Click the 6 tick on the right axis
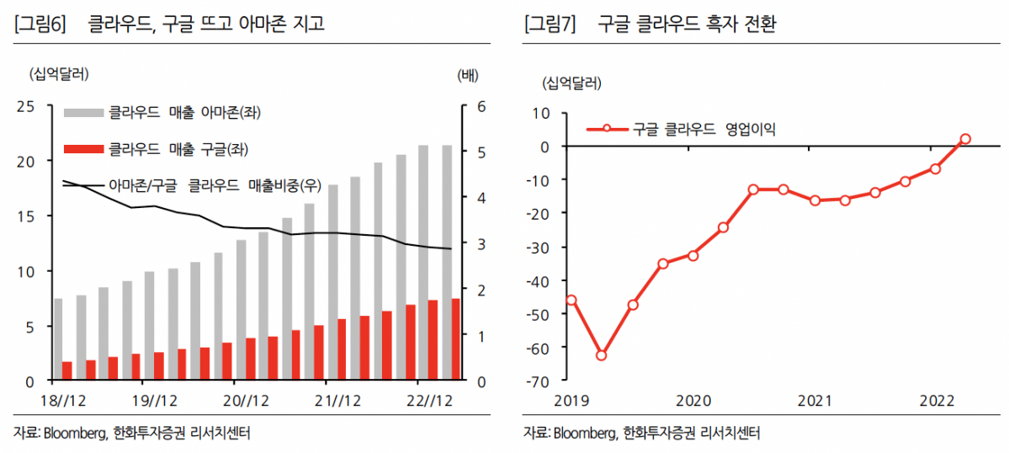tap(481, 106)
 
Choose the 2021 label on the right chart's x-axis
tap(815, 399)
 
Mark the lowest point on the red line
tap(601, 355)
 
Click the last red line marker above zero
tap(965, 139)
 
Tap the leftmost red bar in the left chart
tap(67, 371)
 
